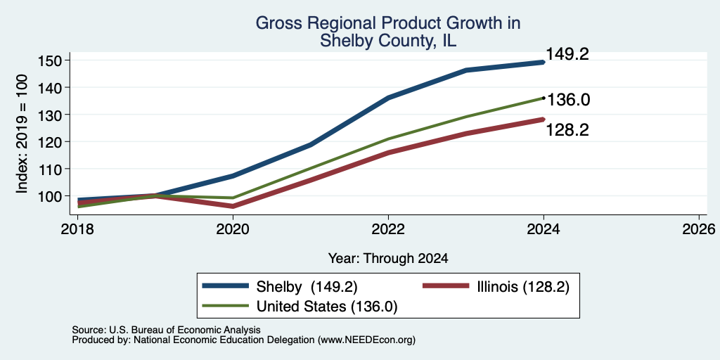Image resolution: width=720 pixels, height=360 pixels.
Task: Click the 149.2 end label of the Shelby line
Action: pyautogui.click(x=567, y=55)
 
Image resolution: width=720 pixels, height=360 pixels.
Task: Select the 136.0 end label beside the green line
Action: pyautogui.click(x=568, y=100)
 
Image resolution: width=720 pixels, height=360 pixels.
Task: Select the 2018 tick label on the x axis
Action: pyautogui.click(x=77, y=229)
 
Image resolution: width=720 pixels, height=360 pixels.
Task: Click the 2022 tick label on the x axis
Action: pyautogui.click(x=388, y=229)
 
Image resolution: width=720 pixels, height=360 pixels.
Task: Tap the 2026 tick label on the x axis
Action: pyautogui.click(x=699, y=229)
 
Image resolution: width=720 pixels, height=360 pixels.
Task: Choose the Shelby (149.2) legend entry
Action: pyautogui.click(x=280, y=287)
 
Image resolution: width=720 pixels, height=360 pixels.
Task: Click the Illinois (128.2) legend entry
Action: pyautogui.click(x=496, y=287)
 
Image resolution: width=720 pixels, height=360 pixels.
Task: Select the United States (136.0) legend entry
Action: pyautogui.click(x=300, y=307)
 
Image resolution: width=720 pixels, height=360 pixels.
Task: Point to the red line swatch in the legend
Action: pyautogui.click(x=445, y=287)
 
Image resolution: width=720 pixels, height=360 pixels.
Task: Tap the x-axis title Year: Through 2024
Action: pyautogui.click(x=388, y=259)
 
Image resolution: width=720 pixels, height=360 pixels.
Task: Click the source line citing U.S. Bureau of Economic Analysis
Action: pyautogui.click(x=166, y=330)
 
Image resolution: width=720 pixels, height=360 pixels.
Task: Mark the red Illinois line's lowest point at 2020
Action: pyautogui.click(x=233, y=206)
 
